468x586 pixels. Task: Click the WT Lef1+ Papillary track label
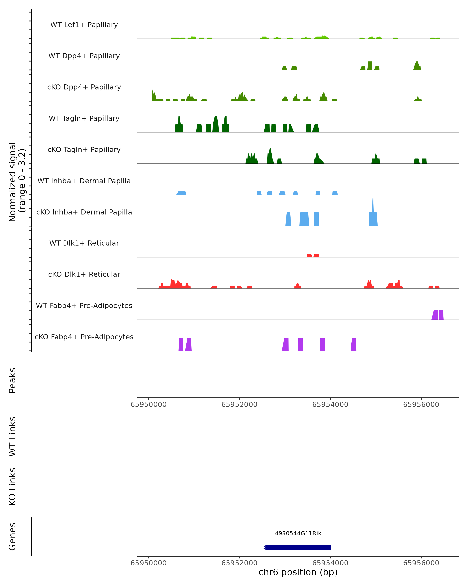[x=84, y=25]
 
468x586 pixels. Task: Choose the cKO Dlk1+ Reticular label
[x=84, y=274]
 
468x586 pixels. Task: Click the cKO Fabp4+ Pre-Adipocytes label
[x=84, y=337]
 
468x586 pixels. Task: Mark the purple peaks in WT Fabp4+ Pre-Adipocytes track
[x=437, y=315]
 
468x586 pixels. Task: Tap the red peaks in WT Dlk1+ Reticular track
[x=313, y=255]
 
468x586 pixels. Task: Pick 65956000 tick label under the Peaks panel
[x=421, y=405]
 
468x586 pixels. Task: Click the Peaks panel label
[x=12, y=380]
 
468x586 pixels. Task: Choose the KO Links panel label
[x=12, y=487]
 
